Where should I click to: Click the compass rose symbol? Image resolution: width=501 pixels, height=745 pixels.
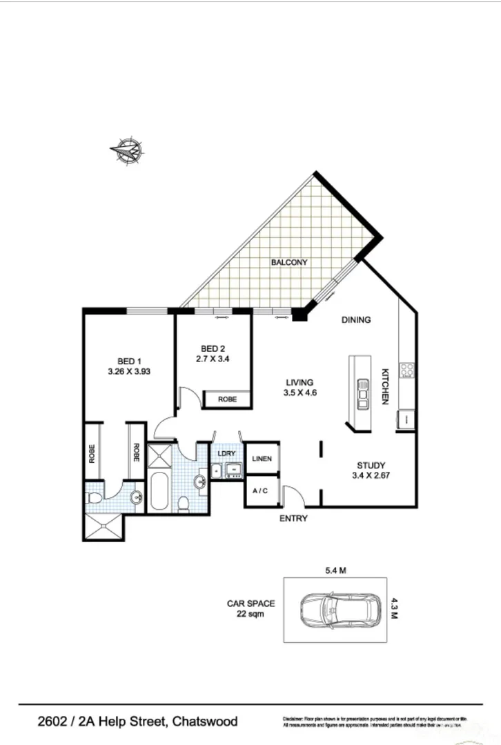pyautogui.click(x=127, y=151)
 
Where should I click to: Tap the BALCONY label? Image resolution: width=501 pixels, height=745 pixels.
pyautogui.click(x=288, y=262)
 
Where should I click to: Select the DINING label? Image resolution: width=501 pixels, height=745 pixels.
pyautogui.click(x=355, y=319)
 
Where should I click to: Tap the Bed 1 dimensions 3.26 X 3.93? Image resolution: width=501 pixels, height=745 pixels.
pyautogui.click(x=129, y=370)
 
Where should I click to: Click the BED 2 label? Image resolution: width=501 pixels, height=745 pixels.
pyautogui.click(x=213, y=348)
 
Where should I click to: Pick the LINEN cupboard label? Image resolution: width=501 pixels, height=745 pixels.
pyautogui.click(x=262, y=459)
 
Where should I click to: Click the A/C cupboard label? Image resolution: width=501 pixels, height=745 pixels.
pyautogui.click(x=261, y=491)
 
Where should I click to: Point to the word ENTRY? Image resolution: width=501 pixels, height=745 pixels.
pyautogui.click(x=293, y=519)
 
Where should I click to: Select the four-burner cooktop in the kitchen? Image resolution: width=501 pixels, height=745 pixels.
pyautogui.click(x=407, y=370)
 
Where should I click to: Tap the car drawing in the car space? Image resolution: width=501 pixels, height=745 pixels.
pyautogui.click(x=340, y=608)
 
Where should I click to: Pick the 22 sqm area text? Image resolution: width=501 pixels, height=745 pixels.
pyautogui.click(x=251, y=614)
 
